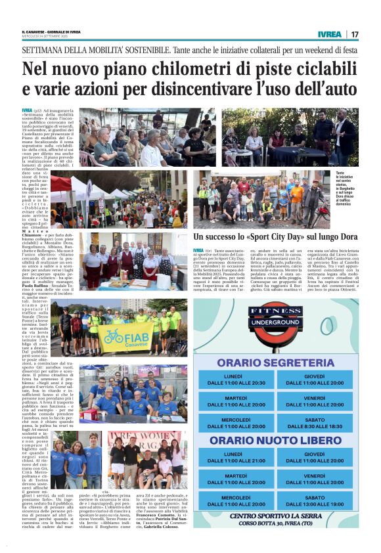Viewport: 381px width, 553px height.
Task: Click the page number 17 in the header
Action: [x=355, y=33]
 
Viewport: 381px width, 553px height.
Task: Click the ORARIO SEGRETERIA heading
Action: [x=276, y=363]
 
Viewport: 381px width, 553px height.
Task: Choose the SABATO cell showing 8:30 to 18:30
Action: [x=315, y=423]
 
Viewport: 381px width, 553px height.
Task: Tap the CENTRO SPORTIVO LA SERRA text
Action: [x=276, y=515]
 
